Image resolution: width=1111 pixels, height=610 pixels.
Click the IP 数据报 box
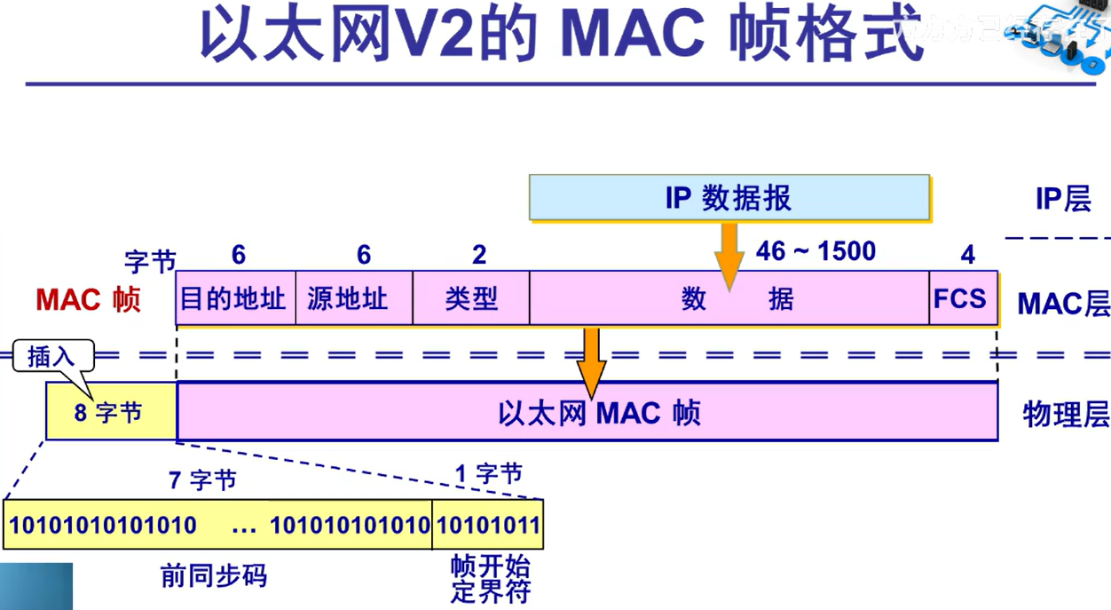pyautogui.click(x=729, y=197)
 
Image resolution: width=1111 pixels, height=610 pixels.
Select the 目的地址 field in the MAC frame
pyautogui.click(x=234, y=297)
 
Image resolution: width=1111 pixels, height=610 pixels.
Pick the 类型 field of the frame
pyautogui.click(x=470, y=297)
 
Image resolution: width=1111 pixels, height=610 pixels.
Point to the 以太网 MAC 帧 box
pyautogui.click(x=587, y=413)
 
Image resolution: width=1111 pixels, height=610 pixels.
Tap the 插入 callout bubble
pyautogui.click(x=53, y=357)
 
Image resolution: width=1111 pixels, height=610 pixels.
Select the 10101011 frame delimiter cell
pyautogui.click(x=487, y=525)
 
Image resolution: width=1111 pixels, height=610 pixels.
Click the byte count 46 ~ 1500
pyautogui.click(x=816, y=251)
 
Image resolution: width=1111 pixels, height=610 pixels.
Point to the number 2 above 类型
pyautogui.click(x=479, y=255)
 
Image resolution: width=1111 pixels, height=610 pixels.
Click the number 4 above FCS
pyautogui.click(x=967, y=255)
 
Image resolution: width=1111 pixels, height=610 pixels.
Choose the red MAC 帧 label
pyautogui.click(x=88, y=299)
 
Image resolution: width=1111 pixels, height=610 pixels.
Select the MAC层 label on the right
pyautogui.click(x=1062, y=304)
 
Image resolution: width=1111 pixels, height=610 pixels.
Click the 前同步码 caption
pyautogui.click(x=213, y=576)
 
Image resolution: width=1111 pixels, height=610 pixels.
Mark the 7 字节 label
pyautogui.click(x=202, y=480)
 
